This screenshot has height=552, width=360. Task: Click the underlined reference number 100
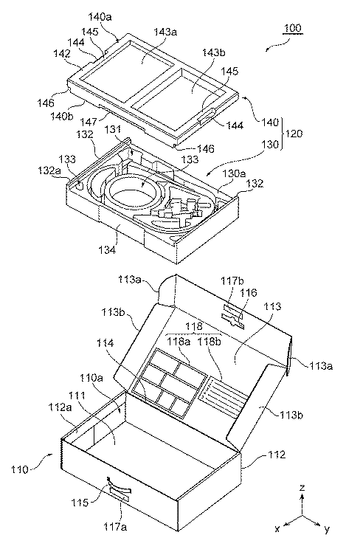pos(292,28)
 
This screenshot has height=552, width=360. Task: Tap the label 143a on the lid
pos(165,32)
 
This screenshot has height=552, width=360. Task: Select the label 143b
pos(214,53)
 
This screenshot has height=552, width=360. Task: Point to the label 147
pos(88,122)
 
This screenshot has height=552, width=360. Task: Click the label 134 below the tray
pos(107,250)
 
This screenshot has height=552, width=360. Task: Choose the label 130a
pos(234,173)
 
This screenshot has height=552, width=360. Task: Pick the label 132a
pos(49,170)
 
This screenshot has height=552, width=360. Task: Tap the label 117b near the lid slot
pos(232,281)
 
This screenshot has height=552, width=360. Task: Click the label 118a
pos(179,341)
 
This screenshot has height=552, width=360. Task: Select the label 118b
pos(210,341)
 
